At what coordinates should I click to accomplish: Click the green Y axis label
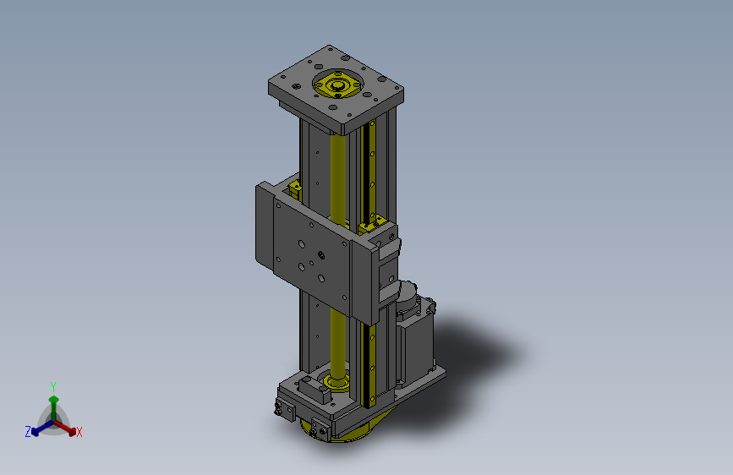pyautogui.click(x=53, y=386)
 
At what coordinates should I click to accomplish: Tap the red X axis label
pyautogui.click(x=79, y=432)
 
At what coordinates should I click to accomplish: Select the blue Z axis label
pyautogui.click(x=28, y=432)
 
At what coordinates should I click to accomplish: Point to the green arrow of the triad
pyautogui.click(x=54, y=408)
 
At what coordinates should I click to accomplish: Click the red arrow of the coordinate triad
pyautogui.click(x=65, y=428)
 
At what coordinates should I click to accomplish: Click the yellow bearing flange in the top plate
pyautogui.click(x=337, y=85)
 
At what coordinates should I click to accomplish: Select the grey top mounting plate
pyautogui.click(x=336, y=89)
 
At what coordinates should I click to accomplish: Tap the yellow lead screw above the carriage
pyautogui.click(x=337, y=177)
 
